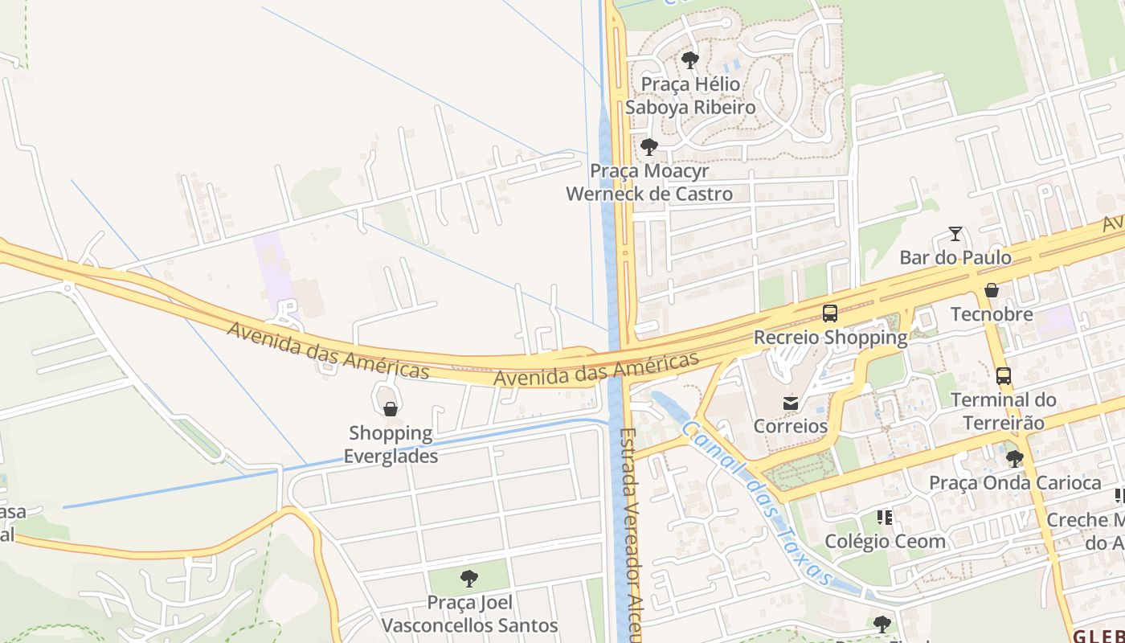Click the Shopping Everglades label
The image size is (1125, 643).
click(x=391, y=444)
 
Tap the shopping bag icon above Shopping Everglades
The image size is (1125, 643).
click(x=391, y=410)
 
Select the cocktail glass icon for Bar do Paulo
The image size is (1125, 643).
click(x=955, y=234)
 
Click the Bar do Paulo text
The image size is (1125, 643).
click(x=955, y=258)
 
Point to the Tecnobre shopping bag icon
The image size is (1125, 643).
click(x=992, y=290)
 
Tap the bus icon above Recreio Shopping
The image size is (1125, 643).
click(x=830, y=313)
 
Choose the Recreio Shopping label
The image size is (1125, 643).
click(x=830, y=338)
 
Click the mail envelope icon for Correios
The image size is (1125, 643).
click(x=791, y=403)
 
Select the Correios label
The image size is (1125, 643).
click(x=791, y=426)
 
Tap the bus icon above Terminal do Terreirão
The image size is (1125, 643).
click(x=1003, y=375)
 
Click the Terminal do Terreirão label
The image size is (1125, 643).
click(x=1003, y=411)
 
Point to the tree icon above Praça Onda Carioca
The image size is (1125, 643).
click(x=1015, y=459)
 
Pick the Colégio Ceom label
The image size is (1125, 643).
click(x=885, y=541)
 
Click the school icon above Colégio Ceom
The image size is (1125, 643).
click(x=885, y=517)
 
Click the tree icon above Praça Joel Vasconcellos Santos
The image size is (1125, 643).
click(x=469, y=579)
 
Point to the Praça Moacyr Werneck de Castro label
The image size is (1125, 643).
click(x=649, y=182)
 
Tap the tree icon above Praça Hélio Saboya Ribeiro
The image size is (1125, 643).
click(x=689, y=59)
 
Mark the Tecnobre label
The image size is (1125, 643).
click(x=992, y=313)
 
